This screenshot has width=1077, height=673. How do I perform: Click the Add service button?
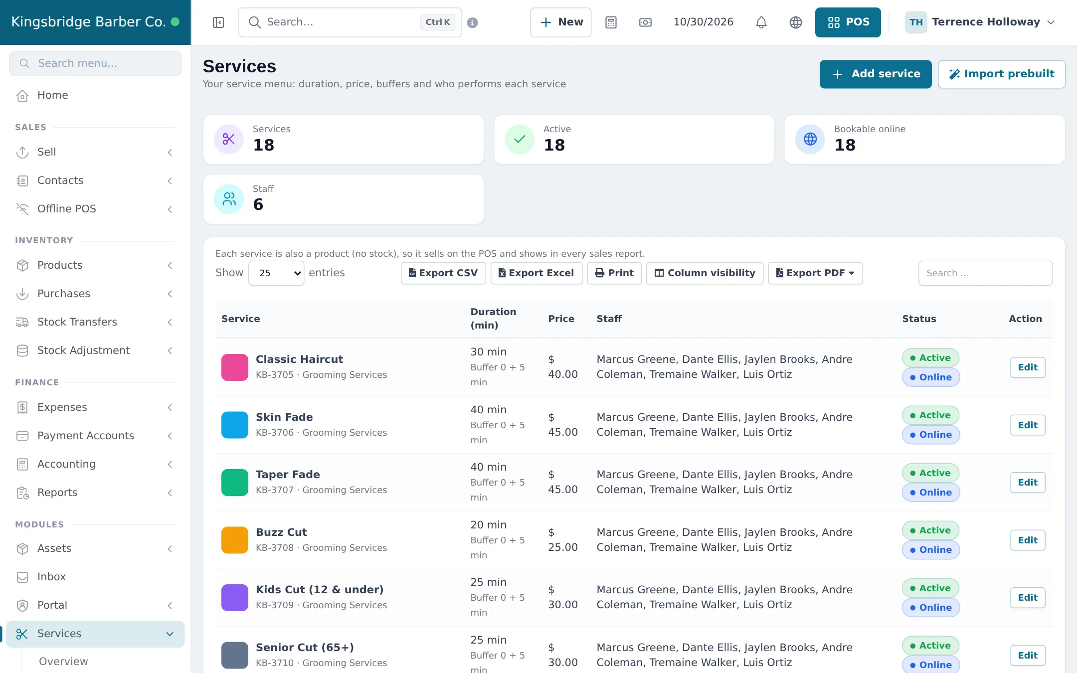(x=876, y=74)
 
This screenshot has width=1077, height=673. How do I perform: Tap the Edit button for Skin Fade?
(x=1028, y=425)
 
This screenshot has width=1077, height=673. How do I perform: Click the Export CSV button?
(x=443, y=273)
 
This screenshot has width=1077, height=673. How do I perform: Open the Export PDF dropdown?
(x=815, y=273)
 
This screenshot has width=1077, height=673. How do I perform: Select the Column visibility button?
(x=705, y=273)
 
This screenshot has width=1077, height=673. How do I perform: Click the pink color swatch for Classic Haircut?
(x=235, y=367)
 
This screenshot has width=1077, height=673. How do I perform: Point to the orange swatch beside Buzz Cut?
(x=235, y=540)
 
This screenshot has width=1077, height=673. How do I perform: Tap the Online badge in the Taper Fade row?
(x=931, y=493)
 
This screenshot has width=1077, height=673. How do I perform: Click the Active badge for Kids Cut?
(x=930, y=588)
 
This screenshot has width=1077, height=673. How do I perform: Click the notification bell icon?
(x=761, y=22)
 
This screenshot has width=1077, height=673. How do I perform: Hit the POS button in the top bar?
(x=848, y=22)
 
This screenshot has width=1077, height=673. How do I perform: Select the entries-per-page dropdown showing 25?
(x=276, y=273)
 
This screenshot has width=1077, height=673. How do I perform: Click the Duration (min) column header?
(x=493, y=319)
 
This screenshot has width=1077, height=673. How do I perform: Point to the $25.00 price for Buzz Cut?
(x=563, y=540)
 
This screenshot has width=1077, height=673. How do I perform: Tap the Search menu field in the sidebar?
(x=95, y=63)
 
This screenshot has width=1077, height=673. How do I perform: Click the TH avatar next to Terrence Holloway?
(x=916, y=22)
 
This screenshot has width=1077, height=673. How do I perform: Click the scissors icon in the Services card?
(x=229, y=139)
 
